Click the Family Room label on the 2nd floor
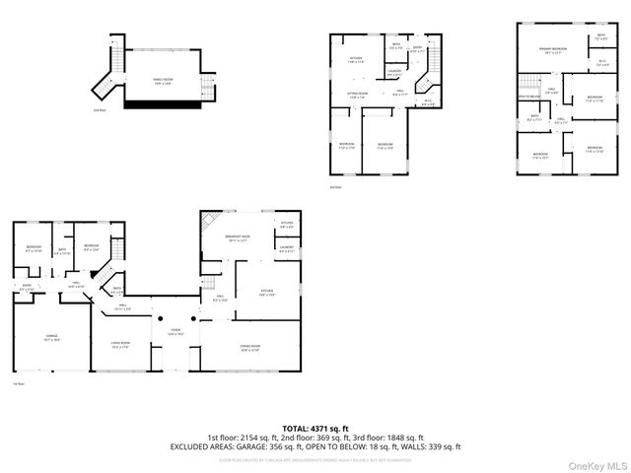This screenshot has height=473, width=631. pos(161,83)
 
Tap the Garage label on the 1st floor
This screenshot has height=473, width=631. pos(51,338)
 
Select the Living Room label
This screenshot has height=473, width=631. pos(122,345)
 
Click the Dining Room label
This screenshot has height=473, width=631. pos(250,347)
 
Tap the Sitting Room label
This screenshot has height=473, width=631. pos(357,96)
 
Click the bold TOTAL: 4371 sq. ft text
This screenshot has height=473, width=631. pos(315,428)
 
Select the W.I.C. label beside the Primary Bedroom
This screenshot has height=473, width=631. pos(602,63)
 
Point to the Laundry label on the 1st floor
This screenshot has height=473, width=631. pos(286,248)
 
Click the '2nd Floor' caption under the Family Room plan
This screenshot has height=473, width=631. pos(99,110)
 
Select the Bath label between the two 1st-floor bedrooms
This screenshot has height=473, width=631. pos(61,250)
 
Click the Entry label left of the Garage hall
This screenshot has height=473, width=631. pos(27,289)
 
